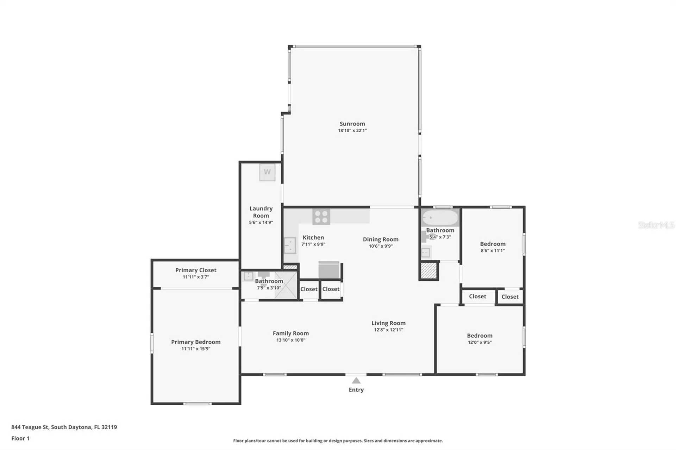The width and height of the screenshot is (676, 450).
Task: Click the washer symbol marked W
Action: [x=267, y=172]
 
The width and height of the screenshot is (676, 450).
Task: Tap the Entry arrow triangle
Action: [x=356, y=380]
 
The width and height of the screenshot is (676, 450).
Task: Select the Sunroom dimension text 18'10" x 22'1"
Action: [x=352, y=131]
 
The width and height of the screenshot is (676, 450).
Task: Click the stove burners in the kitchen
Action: [x=321, y=216]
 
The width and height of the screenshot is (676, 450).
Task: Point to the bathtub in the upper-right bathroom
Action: [x=440, y=217]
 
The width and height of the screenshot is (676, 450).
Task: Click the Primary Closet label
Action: [x=196, y=270]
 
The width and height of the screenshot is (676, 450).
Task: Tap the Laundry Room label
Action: [x=261, y=212]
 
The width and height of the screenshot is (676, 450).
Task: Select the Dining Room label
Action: [x=381, y=239]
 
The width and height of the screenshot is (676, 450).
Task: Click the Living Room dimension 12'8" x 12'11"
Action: [x=388, y=330]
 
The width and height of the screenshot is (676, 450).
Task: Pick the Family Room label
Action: [x=291, y=333]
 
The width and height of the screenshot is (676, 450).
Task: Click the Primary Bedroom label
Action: [x=196, y=342]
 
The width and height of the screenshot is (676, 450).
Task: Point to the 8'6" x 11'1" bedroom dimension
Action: [x=493, y=251]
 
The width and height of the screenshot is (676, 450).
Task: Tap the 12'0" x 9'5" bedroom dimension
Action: [x=480, y=342]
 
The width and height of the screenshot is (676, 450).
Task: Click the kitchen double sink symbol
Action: [x=290, y=246]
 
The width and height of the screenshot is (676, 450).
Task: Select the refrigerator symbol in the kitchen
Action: [x=329, y=270]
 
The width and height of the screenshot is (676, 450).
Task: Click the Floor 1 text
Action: [x=20, y=438]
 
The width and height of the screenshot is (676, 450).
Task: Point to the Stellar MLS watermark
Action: [x=656, y=225]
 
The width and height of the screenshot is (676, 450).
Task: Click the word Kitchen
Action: [x=313, y=237]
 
